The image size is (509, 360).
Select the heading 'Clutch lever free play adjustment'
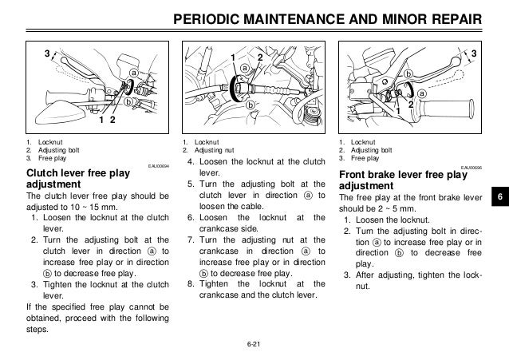[72, 180]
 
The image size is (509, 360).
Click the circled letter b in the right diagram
[408, 73]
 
